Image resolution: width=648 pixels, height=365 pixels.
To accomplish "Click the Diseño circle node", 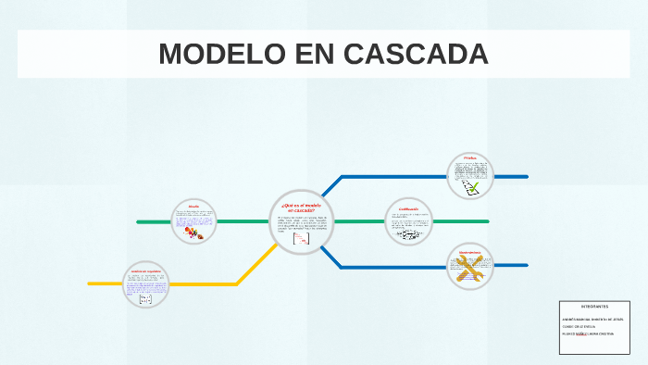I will click(x=194, y=222).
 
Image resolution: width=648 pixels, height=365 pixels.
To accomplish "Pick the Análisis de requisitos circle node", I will click(x=146, y=283).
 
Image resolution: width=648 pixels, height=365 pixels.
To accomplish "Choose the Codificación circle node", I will click(x=409, y=221).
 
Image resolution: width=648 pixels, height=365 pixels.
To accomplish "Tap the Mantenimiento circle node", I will click(x=470, y=267).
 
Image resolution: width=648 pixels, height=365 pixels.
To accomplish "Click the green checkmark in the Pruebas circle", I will click(x=474, y=188).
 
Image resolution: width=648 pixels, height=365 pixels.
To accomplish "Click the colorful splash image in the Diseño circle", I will click(x=195, y=234).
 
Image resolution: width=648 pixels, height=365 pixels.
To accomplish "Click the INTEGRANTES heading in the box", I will click(x=594, y=307).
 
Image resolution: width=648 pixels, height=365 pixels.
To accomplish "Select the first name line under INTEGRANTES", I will click(x=592, y=320).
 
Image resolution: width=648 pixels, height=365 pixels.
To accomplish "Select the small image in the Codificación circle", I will click(x=408, y=233).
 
